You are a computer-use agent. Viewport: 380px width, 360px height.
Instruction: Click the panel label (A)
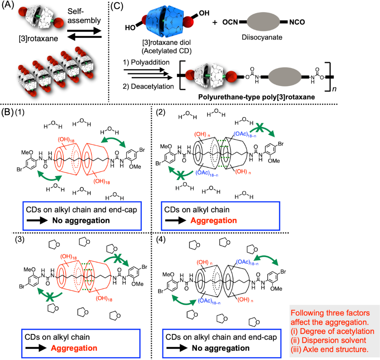(9, 6)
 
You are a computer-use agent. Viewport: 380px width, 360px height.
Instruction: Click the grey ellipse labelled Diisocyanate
(264, 22)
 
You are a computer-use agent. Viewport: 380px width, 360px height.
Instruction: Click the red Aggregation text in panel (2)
(214, 221)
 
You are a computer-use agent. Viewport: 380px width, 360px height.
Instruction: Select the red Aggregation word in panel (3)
(73, 349)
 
